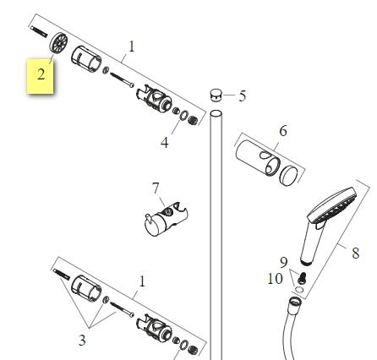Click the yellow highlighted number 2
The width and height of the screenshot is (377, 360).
click(x=41, y=74)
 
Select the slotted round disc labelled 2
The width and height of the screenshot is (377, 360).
click(x=59, y=43)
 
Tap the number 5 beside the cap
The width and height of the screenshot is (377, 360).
click(x=243, y=96)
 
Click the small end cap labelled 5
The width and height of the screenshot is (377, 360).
click(x=216, y=95)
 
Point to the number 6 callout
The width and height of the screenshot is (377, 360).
click(x=283, y=131)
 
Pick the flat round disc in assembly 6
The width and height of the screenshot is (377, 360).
click(x=288, y=176)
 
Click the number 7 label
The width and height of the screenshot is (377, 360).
click(x=156, y=188)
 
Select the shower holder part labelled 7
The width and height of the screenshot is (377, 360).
click(x=166, y=219)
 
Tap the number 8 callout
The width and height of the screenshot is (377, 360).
click(x=356, y=253)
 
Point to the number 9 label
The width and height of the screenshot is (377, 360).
click(x=284, y=262)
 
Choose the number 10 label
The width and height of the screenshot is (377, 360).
click(x=275, y=279)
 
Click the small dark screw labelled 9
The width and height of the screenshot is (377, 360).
click(x=302, y=277)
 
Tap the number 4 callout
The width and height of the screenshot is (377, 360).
click(x=165, y=143)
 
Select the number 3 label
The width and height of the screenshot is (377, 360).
click(x=82, y=341)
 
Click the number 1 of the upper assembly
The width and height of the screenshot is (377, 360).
click(x=132, y=46)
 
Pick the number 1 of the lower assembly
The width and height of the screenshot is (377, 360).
click(x=142, y=281)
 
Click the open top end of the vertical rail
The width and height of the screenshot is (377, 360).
click(x=216, y=113)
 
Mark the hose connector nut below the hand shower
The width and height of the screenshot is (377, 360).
click(x=295, y=303)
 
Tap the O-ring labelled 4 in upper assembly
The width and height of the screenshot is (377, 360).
click(x=183, y=115)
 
